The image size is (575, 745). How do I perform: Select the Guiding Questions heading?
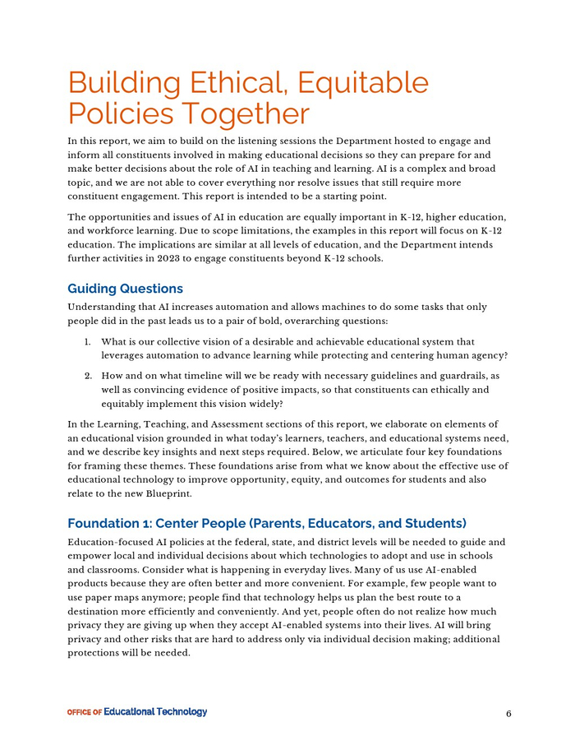[125, 289]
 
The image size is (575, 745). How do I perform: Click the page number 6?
[508, 714]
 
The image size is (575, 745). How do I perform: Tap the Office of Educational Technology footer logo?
[137, 712]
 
